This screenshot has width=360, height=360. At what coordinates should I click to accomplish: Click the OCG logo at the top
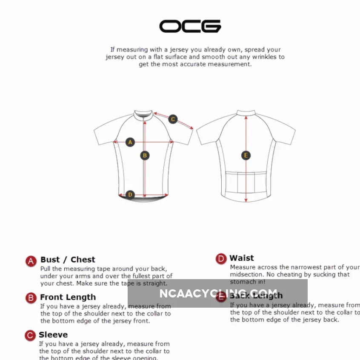[190, 26]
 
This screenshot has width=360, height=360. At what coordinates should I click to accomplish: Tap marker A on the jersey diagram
[131, 142]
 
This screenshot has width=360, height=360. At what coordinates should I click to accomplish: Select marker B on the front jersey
[145, 156]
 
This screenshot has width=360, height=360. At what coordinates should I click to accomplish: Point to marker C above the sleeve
[173, 119]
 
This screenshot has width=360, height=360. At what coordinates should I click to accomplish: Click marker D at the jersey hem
[131, 195]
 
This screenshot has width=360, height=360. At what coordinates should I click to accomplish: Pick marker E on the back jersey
[246, 155]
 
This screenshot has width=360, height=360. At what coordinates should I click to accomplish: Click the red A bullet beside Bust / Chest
[31, 261]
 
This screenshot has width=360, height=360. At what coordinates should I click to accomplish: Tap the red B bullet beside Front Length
[31, 298]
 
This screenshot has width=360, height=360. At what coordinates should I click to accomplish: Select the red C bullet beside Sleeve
[30, 336]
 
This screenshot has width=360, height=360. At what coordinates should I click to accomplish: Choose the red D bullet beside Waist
[221, 259]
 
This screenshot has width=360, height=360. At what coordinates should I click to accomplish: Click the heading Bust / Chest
[68, 260]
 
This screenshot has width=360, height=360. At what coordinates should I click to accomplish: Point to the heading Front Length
[68, 297]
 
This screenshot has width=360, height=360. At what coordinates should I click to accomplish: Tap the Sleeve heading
[53, 334]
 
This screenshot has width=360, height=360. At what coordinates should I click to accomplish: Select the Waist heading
[242, 258]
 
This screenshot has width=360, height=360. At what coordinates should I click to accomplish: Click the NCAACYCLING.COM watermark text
[218, 294]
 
